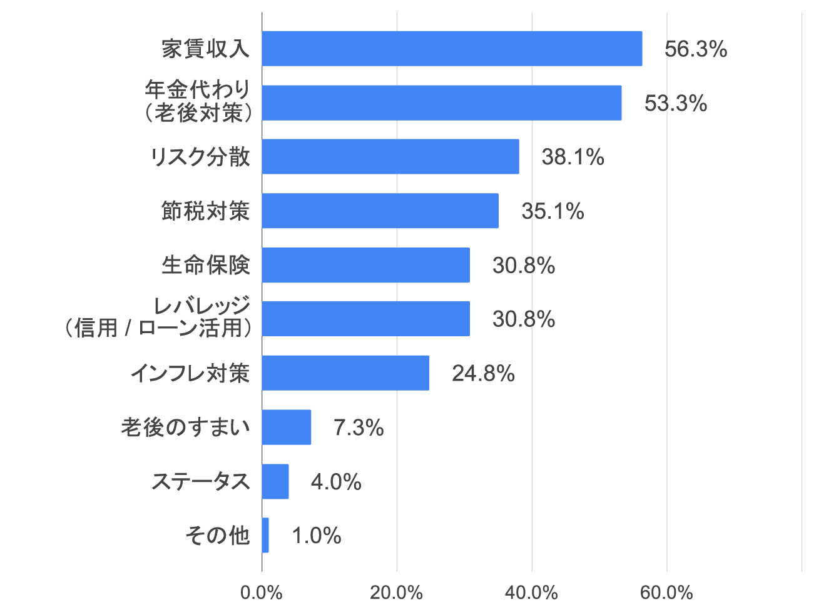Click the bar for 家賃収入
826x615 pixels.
452,49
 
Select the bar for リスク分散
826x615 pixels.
390,157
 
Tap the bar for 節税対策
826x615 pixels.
380,211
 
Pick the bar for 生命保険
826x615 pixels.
365,265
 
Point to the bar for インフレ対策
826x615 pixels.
345,373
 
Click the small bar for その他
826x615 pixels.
265,536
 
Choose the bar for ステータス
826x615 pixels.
275,481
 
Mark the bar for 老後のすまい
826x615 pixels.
287,427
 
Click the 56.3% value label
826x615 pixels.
695,49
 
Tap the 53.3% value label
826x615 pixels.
675,103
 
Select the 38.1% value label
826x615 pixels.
573,157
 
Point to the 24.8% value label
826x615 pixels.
483,374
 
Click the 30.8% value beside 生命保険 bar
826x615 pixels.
524,266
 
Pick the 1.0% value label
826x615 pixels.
317,536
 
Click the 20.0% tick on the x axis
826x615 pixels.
396,592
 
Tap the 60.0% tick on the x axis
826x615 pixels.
666,592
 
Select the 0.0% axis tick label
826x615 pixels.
261,592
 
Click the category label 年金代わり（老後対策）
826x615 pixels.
198,101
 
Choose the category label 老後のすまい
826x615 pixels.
185,427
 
